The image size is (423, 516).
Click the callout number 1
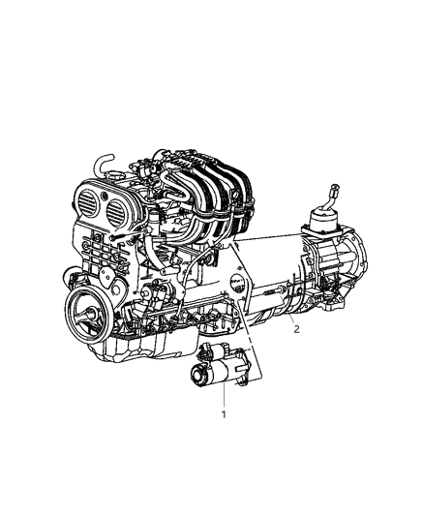(x=224, y=414)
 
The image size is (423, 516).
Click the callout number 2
(x=296, y=329)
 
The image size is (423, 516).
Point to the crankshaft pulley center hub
(x=84, y=316)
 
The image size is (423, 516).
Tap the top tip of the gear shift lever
(x=336, y=184)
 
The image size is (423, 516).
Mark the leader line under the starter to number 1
(x=224, y=397)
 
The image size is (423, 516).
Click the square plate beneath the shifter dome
(x=324, y=232)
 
